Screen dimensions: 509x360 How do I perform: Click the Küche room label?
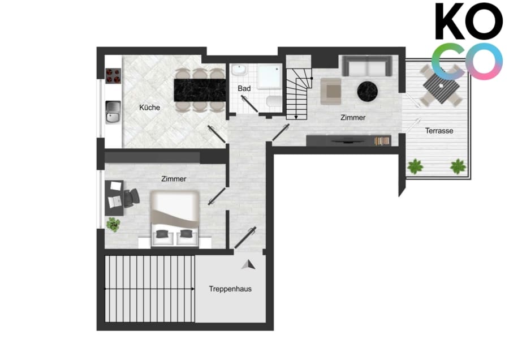(150, 107)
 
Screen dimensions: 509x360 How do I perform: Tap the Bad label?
(244, 88)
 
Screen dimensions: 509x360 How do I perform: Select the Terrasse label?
(439, 131)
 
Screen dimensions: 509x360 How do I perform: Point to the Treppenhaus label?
(230, 289)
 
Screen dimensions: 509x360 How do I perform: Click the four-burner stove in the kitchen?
(113, 76)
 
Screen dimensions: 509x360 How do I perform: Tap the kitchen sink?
(113, 112)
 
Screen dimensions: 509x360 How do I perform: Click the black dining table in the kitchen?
(200, 90)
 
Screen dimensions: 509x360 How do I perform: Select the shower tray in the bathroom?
(269, 76)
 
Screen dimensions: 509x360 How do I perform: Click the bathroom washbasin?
(239, 70)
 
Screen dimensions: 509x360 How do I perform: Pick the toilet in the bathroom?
(274, 101)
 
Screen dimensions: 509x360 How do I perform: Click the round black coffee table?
(368, 91)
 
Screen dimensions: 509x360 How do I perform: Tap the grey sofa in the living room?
(367, 66)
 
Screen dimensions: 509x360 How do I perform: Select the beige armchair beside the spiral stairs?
(331, 91)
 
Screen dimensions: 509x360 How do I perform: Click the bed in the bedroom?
(175, 218)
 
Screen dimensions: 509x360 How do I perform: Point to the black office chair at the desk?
(131, 198)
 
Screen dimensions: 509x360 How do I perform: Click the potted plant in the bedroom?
(113, 225)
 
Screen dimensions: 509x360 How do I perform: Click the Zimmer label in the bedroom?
(174, 179)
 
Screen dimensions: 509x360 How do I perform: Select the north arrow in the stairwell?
(248, 265)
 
